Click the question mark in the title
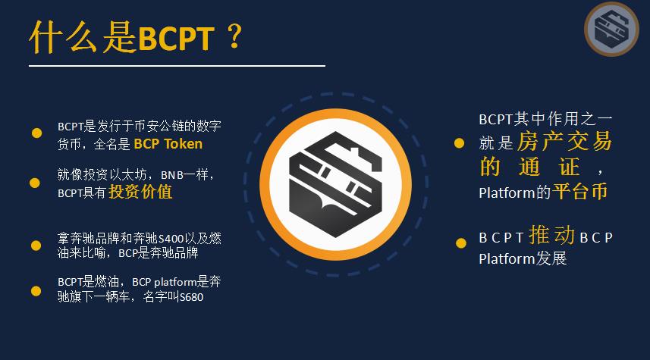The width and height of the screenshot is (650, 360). (x=234, y=36)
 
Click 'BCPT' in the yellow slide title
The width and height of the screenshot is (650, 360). (x=176, y=39)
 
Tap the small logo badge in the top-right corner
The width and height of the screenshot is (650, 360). (x=611, y=29)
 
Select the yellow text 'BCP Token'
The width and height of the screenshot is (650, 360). (x=168, y=144)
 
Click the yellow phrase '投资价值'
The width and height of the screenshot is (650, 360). (x=140, y=192)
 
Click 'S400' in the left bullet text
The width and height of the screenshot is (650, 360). (x=171, y=239)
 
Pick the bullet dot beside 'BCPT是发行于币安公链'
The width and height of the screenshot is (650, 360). (x=36, y=133)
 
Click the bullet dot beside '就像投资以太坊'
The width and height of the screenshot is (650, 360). (x=35, y=183)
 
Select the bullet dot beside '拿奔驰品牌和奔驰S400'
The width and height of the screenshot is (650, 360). (x=36, y=246)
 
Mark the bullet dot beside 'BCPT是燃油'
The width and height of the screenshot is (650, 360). (x=36, y=291)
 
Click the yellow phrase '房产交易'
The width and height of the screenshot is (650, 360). (x=564, y=141)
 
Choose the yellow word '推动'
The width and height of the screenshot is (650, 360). (x=551, y=235)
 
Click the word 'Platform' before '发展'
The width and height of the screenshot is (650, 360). (x=507, y=259)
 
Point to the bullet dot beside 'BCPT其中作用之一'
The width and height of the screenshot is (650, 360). (x=460, y=143)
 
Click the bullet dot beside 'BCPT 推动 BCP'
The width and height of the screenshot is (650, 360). (x=461, y=243)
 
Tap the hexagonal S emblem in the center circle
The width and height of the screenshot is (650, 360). (x=335, y=184)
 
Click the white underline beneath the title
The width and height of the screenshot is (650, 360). (x=177, y=65)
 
